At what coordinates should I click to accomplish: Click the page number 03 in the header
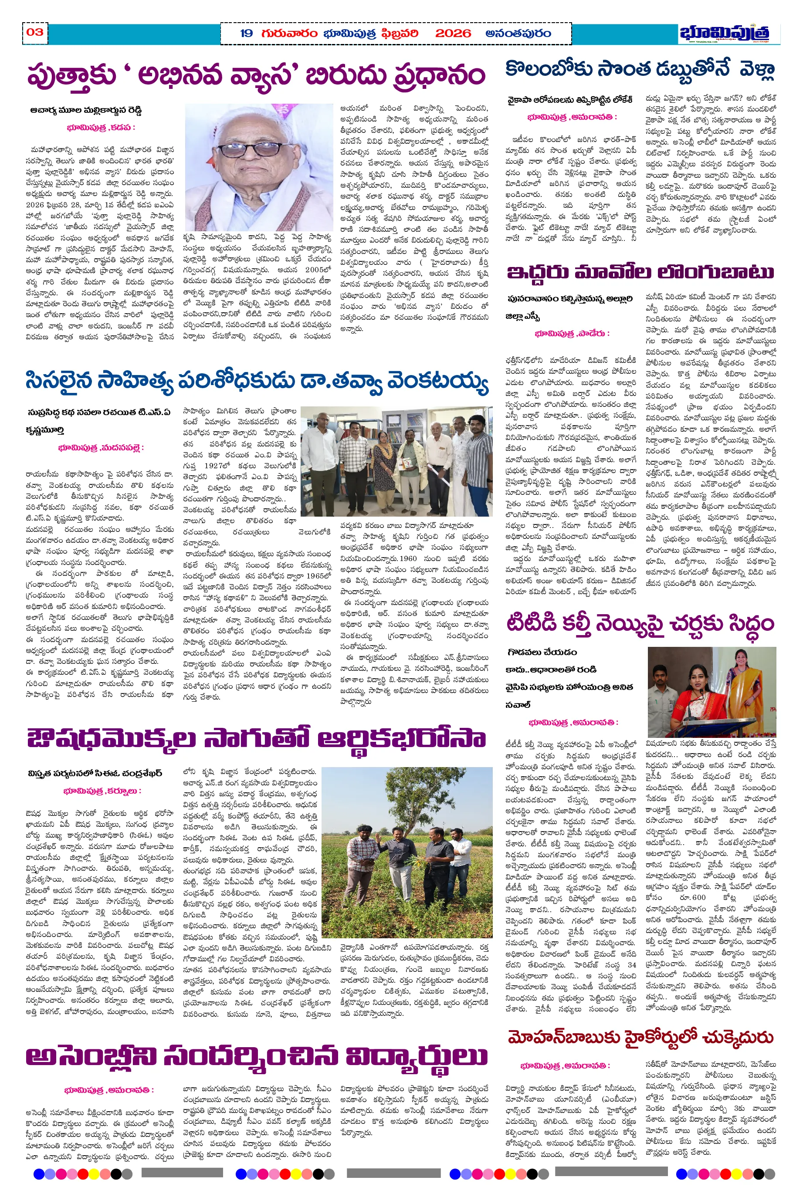[x=35, y=32]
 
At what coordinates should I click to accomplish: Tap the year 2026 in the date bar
[x=453, y=34]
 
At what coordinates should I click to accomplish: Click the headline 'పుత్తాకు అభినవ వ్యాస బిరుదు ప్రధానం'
[x=256, y=76]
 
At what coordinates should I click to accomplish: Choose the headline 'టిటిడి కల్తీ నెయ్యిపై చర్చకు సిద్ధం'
[x=640, y=624]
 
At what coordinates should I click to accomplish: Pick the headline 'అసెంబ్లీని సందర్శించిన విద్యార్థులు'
[x=256, y=1056]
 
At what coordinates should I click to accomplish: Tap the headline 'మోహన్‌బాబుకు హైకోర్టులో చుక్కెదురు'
[x=640, y=1037]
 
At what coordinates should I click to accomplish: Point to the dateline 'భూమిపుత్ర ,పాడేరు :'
[x=572, y=333]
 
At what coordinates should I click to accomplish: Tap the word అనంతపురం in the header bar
[x=518, y=34]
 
